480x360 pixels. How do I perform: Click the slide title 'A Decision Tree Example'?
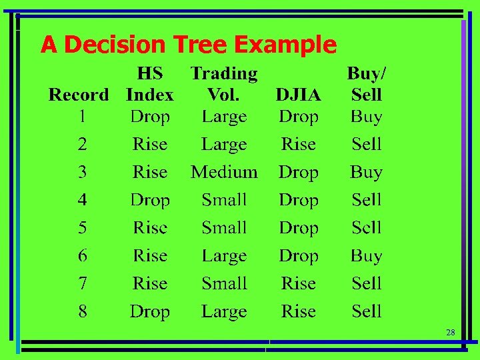click(x=188, y=45)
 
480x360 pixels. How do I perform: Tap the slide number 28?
click(x=450, y=332)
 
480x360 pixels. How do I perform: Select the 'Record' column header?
click(x=79, y=95)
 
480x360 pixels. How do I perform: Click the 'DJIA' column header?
click(x=298, y=95)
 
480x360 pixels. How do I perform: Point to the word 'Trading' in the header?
click(x=224, y=73)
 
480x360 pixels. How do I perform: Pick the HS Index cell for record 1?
click(x=150, y=117)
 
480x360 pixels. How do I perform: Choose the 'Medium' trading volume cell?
click(x=224, y=172)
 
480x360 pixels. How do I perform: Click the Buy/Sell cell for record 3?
click(x=366, y=172)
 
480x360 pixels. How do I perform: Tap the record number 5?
click(x=82, y=228)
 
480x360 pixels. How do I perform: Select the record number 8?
click(x=82, y=311)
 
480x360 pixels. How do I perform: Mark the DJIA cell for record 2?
click(x=298, y=144)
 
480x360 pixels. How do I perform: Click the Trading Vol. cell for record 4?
click(x=224, y=200)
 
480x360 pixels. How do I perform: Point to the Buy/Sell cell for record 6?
click(x=366, y=256)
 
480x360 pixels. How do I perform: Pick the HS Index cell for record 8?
click(x=150, y=311)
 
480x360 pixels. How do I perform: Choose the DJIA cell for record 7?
click(x=298, y=283)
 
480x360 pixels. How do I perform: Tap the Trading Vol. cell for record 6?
click(x=224, y=256)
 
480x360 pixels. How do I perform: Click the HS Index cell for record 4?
click(x=150, y=200)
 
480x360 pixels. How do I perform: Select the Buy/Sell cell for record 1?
click(x=366, y=117)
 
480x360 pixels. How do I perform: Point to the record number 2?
click(x=82, y=144)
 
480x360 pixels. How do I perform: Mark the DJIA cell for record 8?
click(x=298, y=311)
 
